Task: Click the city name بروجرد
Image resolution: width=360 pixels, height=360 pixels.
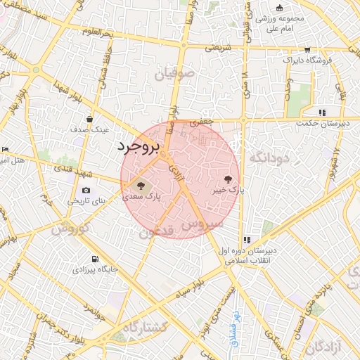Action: point(139,148)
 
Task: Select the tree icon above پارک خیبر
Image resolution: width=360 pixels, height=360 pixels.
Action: point(227,179)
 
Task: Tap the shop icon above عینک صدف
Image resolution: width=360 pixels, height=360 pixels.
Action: point(89,119)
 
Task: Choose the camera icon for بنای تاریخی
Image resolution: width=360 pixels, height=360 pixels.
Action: point(86,190)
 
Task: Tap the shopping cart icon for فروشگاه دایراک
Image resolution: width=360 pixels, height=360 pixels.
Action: point(307,50)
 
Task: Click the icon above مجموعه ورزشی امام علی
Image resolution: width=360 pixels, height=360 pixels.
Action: point(279,8)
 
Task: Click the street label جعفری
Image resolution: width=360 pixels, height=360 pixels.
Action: point(202,122)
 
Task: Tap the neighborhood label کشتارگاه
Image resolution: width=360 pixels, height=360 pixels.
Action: point(145,328)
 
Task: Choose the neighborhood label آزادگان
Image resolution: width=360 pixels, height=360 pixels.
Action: point(328,345)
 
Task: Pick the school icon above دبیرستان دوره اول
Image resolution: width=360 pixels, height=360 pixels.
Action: point(246,239)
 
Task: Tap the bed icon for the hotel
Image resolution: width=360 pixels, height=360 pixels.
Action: point(5,149)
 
